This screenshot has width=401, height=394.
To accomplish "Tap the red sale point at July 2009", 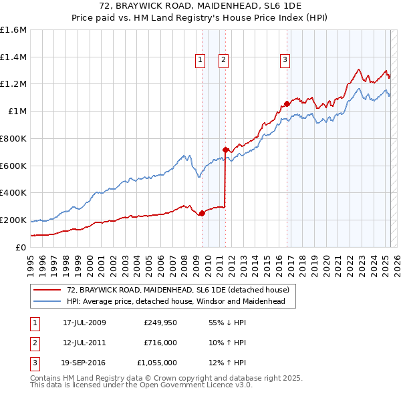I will tap(202, 213).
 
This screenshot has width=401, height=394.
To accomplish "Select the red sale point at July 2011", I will tap(225, 150).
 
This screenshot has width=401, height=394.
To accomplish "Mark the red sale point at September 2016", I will tap(287, 104).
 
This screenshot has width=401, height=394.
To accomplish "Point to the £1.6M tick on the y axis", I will tap(13, 30).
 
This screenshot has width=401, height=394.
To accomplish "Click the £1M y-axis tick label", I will tap(17, 112).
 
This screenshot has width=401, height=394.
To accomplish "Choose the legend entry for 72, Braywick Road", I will tap(178, 290).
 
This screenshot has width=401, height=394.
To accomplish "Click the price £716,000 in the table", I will tap(160, 343).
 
